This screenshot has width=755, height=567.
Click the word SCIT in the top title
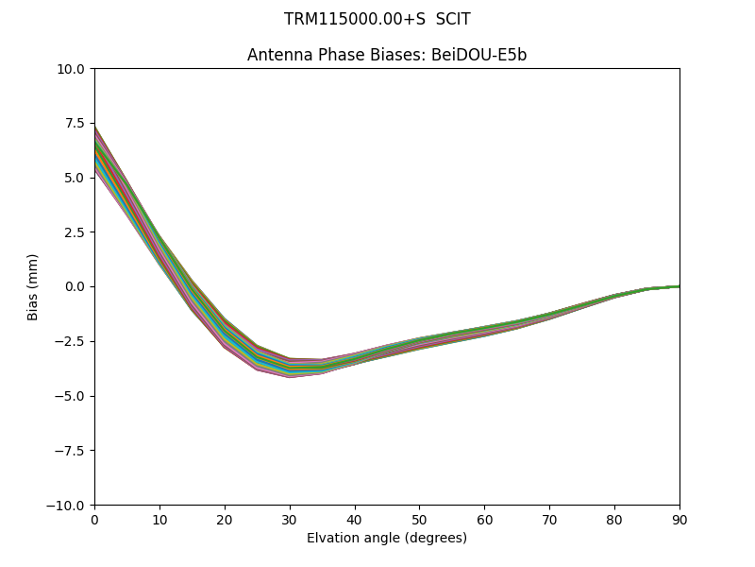point(453,19)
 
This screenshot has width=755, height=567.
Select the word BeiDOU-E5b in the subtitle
point(478,55)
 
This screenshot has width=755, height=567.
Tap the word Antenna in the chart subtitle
point(277,55)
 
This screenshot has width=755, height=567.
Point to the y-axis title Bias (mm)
point(33,286)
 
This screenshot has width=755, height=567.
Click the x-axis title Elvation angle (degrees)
point(387,539)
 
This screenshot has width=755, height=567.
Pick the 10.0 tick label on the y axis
point(71,68)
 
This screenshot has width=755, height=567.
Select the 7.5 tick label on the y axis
point(75,123)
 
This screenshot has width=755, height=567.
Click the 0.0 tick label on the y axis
point(75,286)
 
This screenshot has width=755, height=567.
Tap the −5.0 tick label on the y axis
point(71,396)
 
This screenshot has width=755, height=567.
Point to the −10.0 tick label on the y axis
point(67,505)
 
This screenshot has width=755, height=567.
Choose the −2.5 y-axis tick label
point(71,341)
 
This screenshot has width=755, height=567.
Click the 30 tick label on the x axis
point(290,519)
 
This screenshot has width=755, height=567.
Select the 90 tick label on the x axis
point(679,519)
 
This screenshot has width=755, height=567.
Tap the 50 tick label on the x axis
point(419,519)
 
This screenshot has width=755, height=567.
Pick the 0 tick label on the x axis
point(94,519)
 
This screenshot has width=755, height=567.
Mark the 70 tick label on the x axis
point(549,519)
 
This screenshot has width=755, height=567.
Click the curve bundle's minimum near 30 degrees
point(290,368)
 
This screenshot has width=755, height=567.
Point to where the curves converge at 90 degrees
point(678,285)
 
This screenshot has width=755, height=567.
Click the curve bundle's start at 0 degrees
point(96,151)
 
